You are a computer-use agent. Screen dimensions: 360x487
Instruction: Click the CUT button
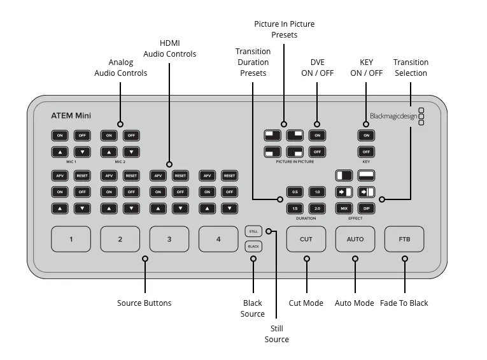tap(306, 239)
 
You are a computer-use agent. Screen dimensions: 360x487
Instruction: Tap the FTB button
tap(404, 239)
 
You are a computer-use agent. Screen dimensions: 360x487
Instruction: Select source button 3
tap(169, 239)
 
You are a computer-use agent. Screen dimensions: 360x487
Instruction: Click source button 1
tap(71, 239)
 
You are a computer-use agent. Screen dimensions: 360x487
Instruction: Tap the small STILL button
tap(253, 231)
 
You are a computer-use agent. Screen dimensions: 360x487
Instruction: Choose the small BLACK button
tap(253, 246)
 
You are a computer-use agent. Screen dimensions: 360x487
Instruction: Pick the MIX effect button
tap(344, 208)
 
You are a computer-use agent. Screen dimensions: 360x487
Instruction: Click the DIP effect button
tap(367, 208)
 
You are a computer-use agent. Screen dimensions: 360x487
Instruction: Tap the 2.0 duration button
tap(317, 208)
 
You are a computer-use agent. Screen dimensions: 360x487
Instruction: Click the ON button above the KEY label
tap(366, 135)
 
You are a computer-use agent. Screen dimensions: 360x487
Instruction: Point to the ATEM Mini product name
tap(71, 116)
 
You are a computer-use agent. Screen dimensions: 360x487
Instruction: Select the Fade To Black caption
tap(404, 303)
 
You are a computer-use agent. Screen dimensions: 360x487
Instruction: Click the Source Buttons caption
tap(145, 303)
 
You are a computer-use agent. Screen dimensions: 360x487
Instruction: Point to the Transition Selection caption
tap(411, 68)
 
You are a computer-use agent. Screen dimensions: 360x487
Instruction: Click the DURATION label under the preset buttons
tap(306, 219)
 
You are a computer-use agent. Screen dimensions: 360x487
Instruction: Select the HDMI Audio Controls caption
tap(169, 48)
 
